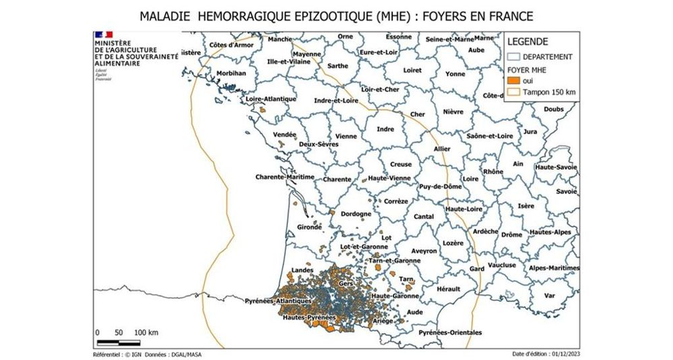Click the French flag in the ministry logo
(x=104, y=34)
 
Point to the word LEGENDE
(x=528, y=42)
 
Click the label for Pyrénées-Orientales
(x=450, y=332)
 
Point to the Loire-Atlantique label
(x=271, y=99)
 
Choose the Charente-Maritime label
(x=285, y=177)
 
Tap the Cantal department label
(x=423, y=217)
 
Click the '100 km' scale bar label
(x=146, y=332)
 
